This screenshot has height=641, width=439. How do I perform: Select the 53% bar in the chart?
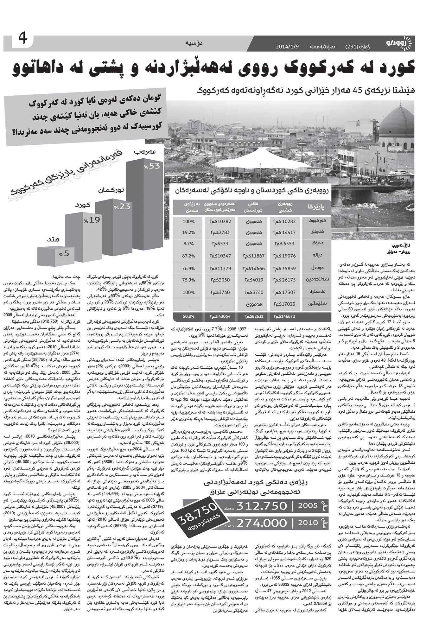(x=144, y=203)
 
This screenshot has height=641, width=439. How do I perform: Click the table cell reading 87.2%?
(x=189, y=255)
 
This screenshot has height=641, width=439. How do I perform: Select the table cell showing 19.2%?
(x=189, y=232)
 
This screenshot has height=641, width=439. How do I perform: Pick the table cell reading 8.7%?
(x=189, y=244)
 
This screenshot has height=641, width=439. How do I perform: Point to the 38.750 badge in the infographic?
(x=196, y=519)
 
